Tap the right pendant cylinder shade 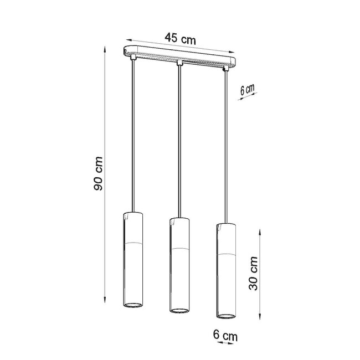click(225, 269)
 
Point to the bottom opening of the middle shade click(178, 310)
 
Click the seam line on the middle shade click(178, 248)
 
